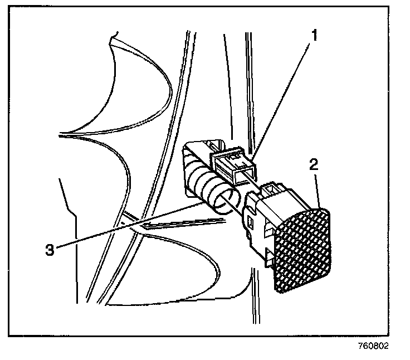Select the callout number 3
[50, 249]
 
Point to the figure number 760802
[373, 346]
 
